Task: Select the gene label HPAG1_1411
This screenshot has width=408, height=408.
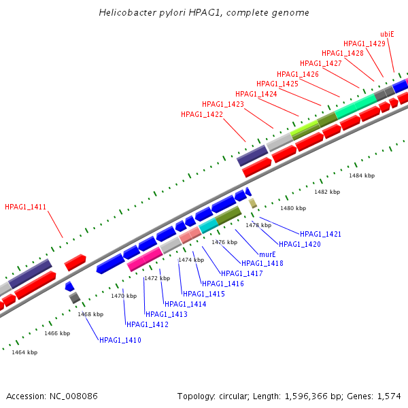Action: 25,207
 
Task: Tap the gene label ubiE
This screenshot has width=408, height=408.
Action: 388,33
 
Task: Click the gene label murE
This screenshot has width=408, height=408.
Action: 267,254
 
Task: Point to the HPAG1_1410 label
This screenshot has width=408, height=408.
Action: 120,339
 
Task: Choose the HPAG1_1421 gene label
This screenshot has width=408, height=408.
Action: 320,234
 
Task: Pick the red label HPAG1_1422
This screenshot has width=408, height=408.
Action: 202,114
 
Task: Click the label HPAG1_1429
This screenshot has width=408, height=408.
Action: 364,44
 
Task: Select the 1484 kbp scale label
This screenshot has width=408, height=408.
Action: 362,175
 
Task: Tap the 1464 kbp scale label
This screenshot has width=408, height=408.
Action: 24,352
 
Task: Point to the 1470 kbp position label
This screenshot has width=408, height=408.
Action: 124,296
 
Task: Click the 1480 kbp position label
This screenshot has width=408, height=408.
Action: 293,208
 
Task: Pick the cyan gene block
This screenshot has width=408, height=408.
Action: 208,225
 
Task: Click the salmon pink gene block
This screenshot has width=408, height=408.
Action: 190,235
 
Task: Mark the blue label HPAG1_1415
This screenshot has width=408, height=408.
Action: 204,294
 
